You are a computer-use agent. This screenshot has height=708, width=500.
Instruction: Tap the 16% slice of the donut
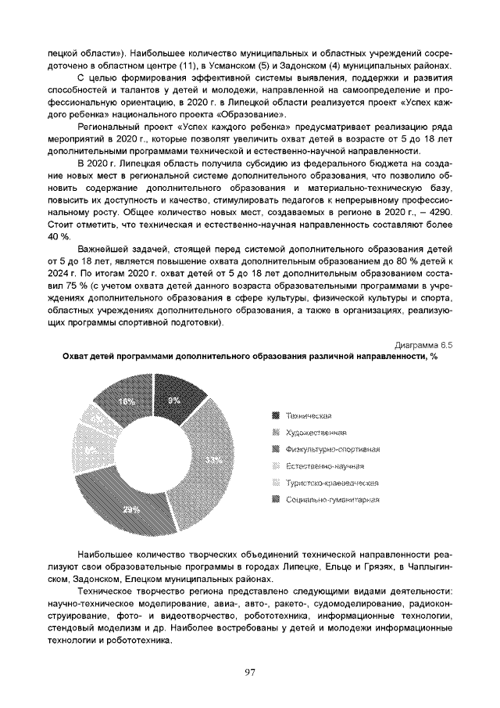click(126, 401)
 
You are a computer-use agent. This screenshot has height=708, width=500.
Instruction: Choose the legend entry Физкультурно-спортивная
click(332, 449)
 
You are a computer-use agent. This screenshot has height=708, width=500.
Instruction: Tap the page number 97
click(250, 672)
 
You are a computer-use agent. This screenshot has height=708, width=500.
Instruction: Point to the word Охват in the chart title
click(77, 356)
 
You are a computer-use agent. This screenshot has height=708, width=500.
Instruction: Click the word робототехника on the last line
click(141, 640)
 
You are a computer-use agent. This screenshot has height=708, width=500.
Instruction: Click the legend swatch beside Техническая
click(275, 415)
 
